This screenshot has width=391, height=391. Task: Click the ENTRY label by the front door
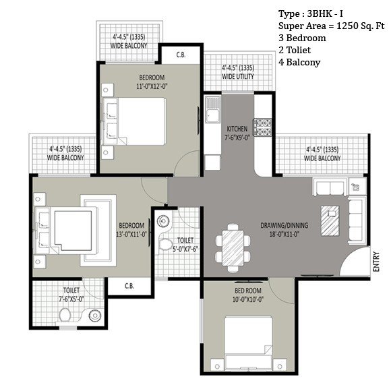376,262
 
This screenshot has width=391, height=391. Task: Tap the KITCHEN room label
237,129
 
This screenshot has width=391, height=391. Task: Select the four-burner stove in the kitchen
262,127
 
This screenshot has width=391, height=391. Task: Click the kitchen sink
212,110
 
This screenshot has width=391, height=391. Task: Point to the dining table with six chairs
233,248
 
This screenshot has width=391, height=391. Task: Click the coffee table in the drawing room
330,220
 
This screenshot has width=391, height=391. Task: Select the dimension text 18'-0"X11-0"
284,235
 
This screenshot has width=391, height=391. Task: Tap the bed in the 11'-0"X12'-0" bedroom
135,121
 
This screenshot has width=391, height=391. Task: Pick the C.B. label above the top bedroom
181,55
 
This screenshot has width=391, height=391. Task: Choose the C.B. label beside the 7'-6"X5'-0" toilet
129,286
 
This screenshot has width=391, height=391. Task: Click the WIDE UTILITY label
238,77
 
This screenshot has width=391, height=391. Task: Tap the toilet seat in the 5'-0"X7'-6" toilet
165,245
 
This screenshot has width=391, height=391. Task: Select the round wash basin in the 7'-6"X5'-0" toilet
95,315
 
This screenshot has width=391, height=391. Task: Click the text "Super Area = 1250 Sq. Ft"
332,26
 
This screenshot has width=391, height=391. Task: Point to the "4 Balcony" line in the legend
299,62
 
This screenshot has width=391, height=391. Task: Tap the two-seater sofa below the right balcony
330,187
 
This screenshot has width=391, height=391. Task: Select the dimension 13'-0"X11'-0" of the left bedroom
131,235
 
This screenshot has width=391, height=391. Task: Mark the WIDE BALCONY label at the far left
65,158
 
